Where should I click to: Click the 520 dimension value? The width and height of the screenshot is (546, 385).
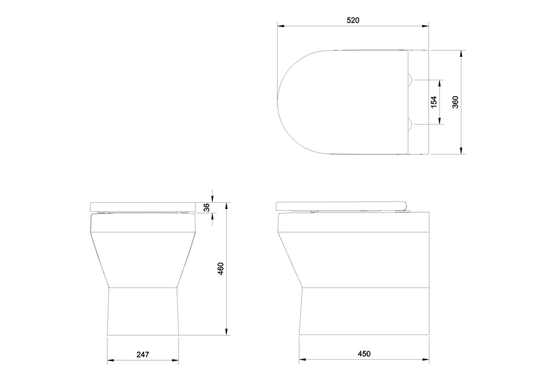pos(352,20)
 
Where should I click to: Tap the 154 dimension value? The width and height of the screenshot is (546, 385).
pos(434,102)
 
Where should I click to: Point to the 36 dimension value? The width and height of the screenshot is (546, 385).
pos(207,207)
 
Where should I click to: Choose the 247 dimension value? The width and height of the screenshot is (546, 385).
pos(143,354)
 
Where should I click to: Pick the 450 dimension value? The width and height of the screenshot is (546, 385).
pos(364,354)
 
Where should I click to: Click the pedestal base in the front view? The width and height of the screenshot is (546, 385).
pos(143,311)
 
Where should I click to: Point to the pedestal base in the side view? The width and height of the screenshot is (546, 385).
pos(363,311)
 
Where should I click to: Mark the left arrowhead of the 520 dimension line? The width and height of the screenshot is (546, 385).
pos(280,26)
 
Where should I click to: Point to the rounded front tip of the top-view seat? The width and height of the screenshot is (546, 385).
pos(279,102)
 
